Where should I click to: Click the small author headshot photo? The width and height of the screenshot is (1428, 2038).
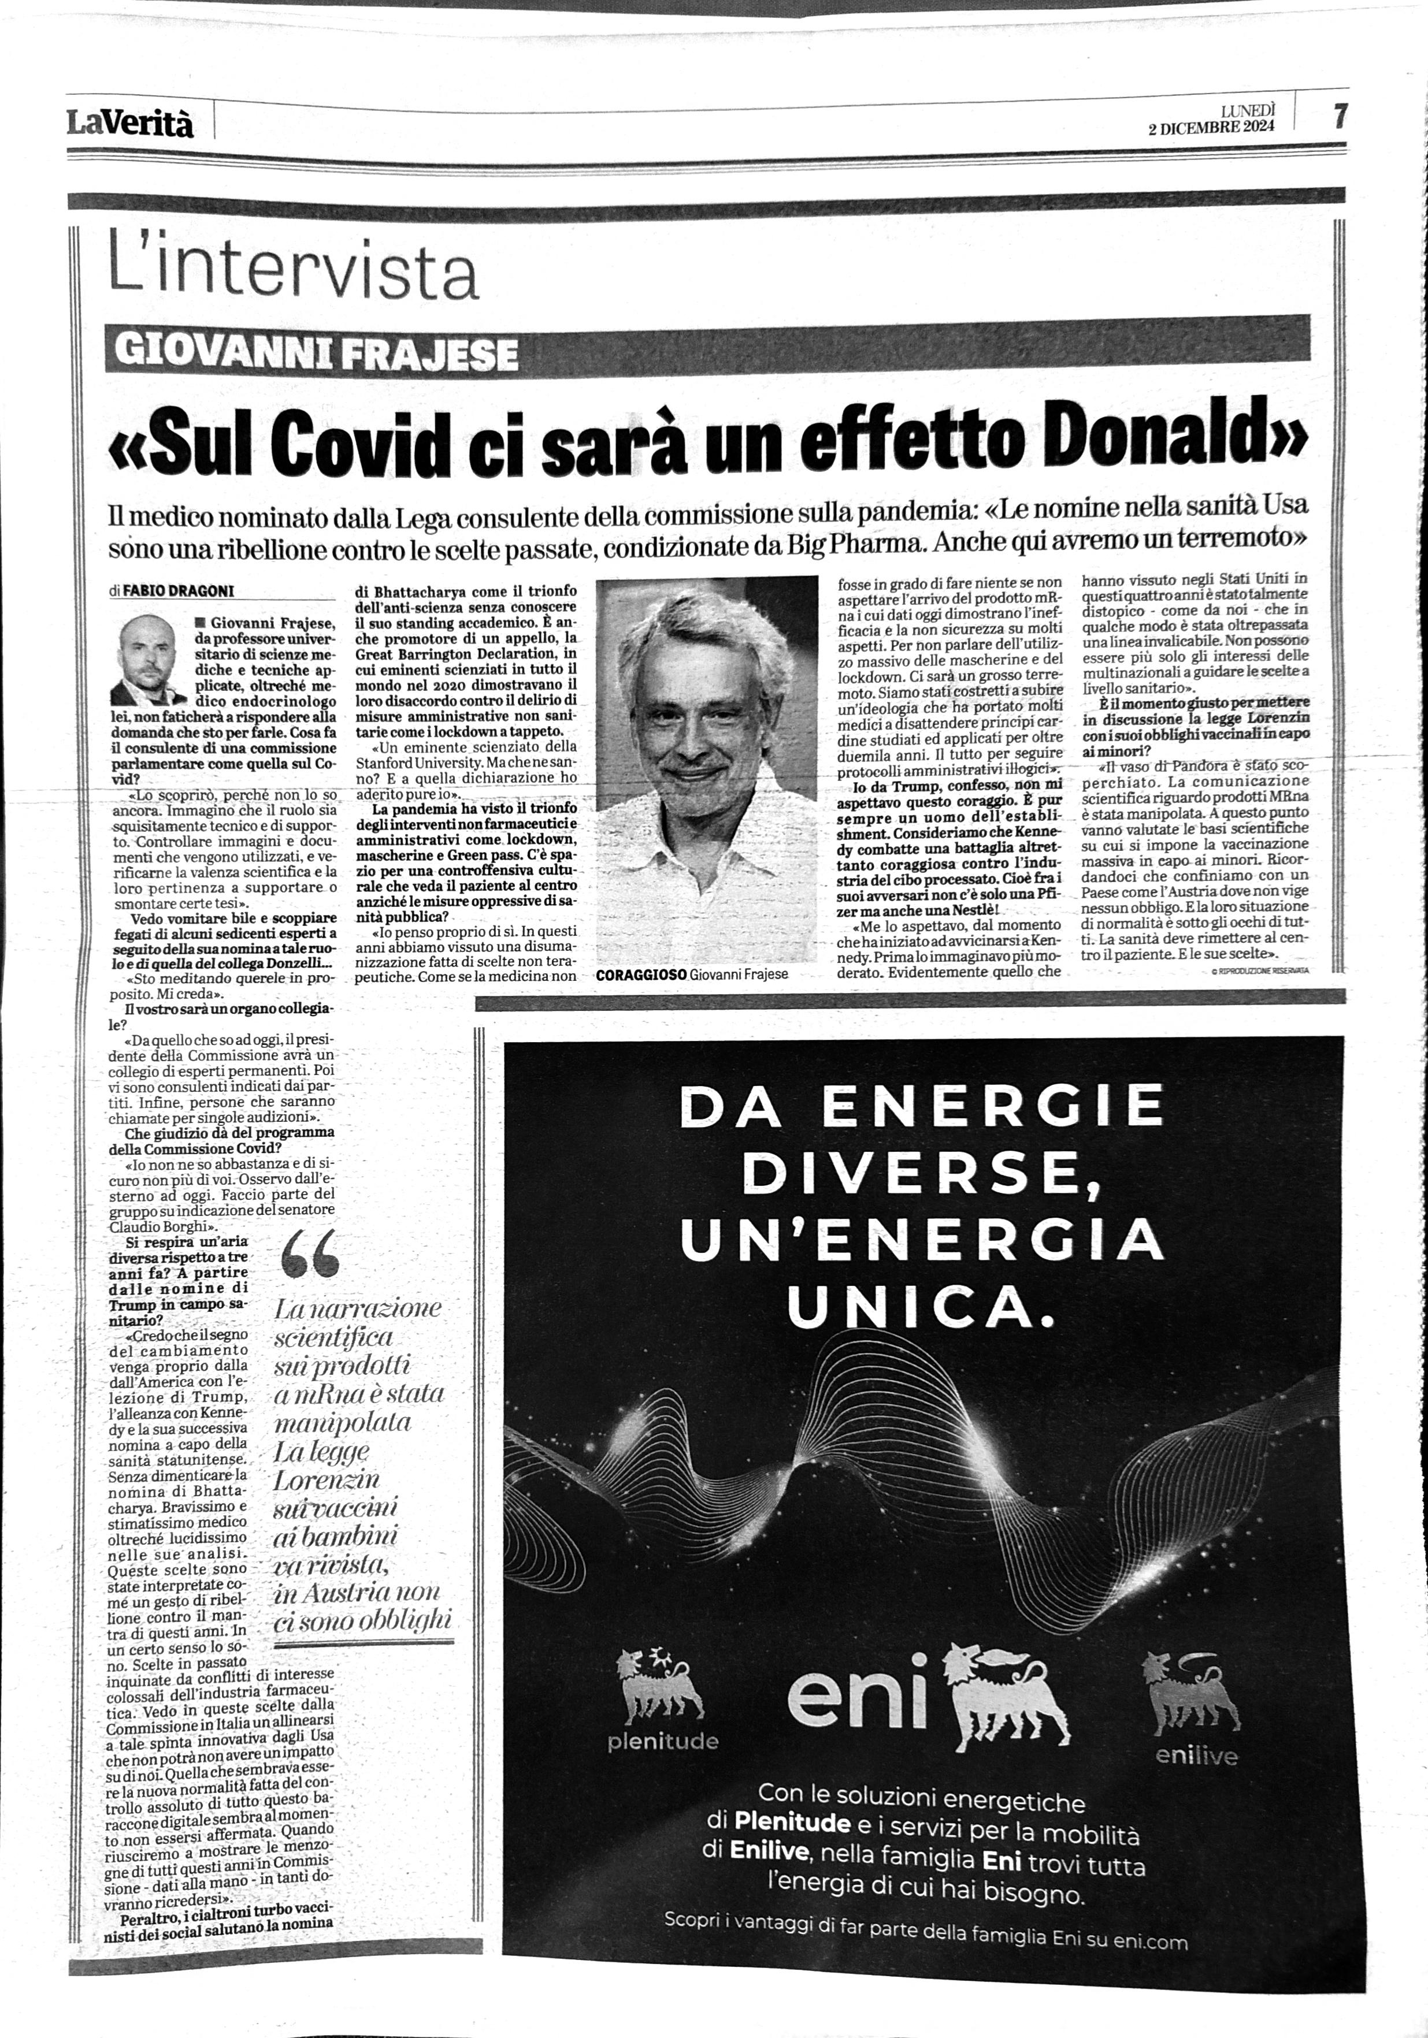[x=147, y=662]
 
